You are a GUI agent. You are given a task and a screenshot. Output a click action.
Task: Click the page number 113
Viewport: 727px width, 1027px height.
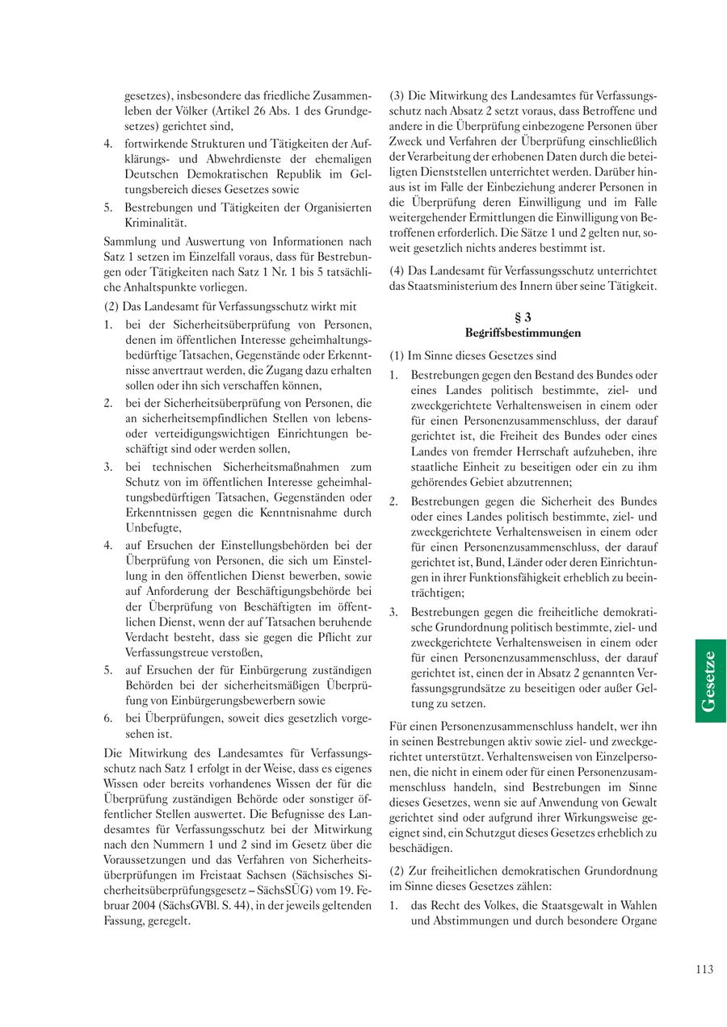704,970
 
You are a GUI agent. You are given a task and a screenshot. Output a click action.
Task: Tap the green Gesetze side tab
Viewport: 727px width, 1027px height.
708,681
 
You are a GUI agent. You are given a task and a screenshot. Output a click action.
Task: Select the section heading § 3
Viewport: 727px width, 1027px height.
523,317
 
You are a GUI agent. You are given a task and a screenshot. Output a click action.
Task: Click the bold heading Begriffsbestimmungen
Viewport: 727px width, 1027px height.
523,333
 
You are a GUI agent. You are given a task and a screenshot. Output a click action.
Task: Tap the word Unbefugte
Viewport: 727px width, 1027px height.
153,528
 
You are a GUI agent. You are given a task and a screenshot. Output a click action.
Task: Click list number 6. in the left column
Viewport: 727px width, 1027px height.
108,717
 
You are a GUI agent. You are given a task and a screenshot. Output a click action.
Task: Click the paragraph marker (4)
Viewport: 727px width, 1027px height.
397,270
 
